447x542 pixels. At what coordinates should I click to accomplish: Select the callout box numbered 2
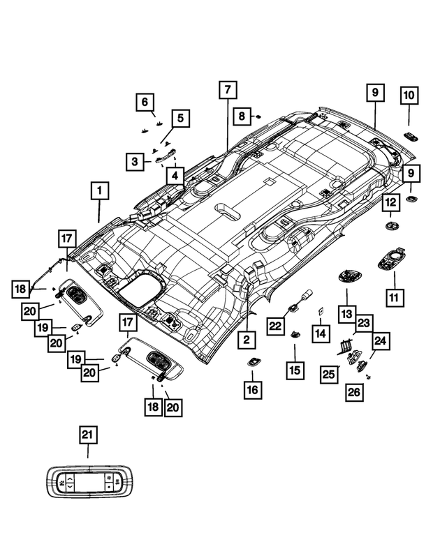click(246, 340)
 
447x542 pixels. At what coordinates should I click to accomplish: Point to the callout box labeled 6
click(145, 103)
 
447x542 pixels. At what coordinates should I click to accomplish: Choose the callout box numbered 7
click(227, 91)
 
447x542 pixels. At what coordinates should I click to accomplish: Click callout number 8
click(241, 116)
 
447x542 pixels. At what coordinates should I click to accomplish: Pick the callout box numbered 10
click(409, 95)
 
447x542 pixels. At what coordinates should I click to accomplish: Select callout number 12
click(390, 202)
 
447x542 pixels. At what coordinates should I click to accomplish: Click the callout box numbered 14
click(320, 333)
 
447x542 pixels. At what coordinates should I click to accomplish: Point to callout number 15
click(295, 370)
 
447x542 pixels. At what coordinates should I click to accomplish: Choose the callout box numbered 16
click(252, 389)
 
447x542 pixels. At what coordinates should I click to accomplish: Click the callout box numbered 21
click(87, 435)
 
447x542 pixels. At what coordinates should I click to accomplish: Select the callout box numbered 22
click(275, 325)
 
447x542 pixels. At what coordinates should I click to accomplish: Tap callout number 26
click(354, 393)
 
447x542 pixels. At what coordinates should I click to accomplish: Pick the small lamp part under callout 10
click(410, 136)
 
